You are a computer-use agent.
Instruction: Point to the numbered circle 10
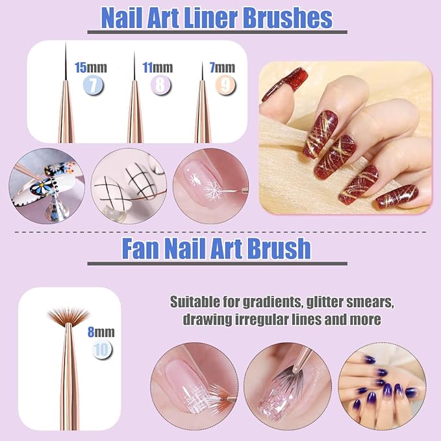tap(101, 349)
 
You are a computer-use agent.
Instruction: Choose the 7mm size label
tap(223, 67)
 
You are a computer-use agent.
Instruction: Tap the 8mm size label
tap(101, 332)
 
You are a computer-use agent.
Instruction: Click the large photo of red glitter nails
tap(345, 138)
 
